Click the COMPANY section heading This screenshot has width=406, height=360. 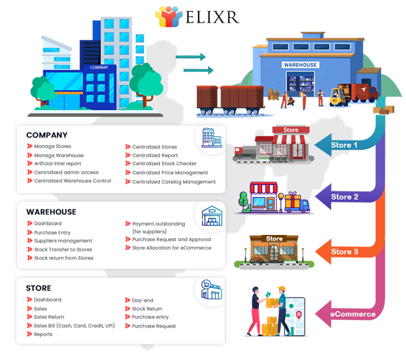point(47,135)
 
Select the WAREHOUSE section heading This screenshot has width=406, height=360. point(51,212)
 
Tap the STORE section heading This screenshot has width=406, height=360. point(39,288)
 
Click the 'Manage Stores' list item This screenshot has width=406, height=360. point(52,147)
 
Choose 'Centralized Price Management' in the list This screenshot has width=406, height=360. point(170,173)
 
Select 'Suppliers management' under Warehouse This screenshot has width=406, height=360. point(63,241)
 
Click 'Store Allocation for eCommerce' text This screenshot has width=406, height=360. point(171,248)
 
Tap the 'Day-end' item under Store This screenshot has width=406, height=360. point(143,300)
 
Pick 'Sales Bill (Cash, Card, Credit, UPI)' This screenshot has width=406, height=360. point(74,326)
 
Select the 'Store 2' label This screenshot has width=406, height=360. point(345,197)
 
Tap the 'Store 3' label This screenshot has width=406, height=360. point(345,252)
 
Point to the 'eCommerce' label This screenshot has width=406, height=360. point(354,314)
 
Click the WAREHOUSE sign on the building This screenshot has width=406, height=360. point(300,65)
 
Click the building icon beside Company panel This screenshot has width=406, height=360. point(209,137)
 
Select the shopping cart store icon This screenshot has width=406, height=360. point(208,289)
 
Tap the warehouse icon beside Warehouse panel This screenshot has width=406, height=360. point(209,216)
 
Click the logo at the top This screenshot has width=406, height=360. point(197,16)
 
